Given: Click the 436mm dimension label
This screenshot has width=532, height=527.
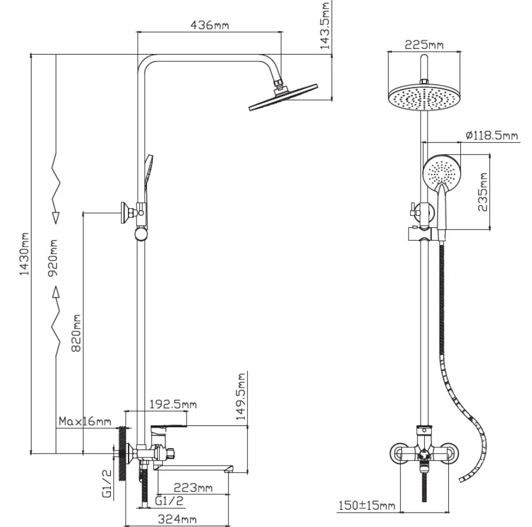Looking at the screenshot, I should click(209, 25).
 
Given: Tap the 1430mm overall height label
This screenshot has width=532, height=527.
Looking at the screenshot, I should click(24, 254).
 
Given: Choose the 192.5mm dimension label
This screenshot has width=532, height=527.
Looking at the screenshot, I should click(172, 404).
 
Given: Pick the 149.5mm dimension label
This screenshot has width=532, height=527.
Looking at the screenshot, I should click(242, 396).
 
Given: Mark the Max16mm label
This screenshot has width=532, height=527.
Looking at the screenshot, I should click(84, 421).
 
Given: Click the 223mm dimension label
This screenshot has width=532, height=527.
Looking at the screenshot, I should click(193, 488).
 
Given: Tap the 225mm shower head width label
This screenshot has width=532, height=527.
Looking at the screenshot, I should click(424, 45).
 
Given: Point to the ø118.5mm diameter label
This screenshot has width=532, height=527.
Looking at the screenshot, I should click(492, 135).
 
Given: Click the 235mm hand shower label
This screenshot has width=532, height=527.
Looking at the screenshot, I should click(483, 192).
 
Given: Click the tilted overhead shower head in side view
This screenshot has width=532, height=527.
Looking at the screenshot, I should click(282, 96).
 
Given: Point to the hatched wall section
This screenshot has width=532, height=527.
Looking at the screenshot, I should click(122, 454).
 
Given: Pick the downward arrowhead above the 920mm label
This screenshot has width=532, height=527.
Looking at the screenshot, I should click(56, 217).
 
